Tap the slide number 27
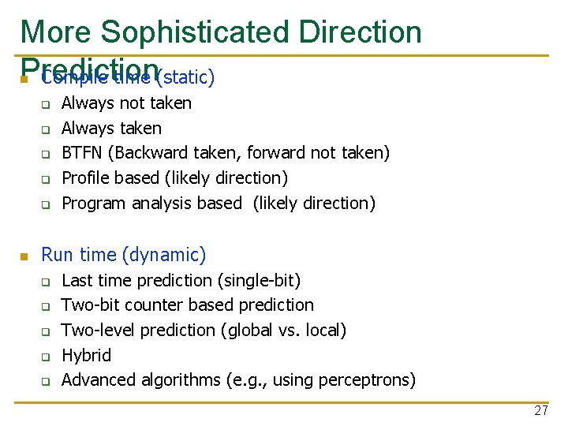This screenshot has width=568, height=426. click(540, 410)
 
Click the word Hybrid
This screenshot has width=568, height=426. click(86, 355)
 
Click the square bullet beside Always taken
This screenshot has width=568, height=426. click(46, 129)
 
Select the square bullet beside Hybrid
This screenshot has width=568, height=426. click(46, 357)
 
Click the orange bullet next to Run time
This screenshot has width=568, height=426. click(24, 256)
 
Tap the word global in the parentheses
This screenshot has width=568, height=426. click(252, 330)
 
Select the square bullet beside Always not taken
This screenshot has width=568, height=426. click(46, 104)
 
